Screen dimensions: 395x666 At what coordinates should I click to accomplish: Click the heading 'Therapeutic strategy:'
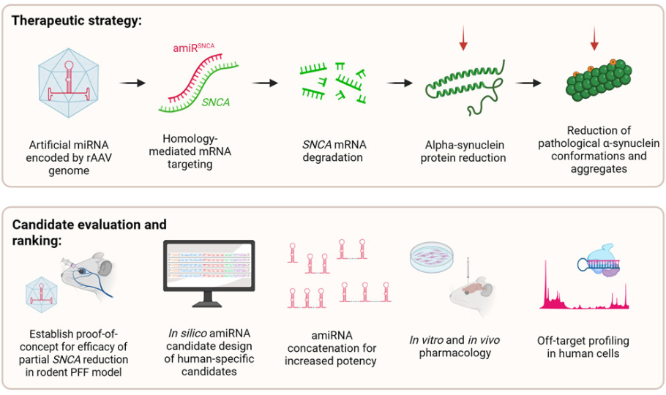(x=76, y=20)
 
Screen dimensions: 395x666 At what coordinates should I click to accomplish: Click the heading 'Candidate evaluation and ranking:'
(x=89, y=232)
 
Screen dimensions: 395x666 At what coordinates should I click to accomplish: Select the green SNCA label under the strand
(x=216, y=102)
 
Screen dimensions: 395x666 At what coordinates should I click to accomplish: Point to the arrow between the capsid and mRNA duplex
(x=131, y=82)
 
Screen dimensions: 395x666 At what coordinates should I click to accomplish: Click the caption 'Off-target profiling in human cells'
(x=583, y=347)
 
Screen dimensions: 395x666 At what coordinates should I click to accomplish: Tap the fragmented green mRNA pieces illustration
(x=334, y=81)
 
